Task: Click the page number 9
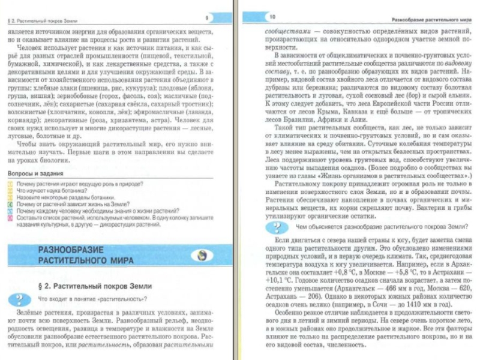pos(206,18)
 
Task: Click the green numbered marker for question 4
pos(10,204)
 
